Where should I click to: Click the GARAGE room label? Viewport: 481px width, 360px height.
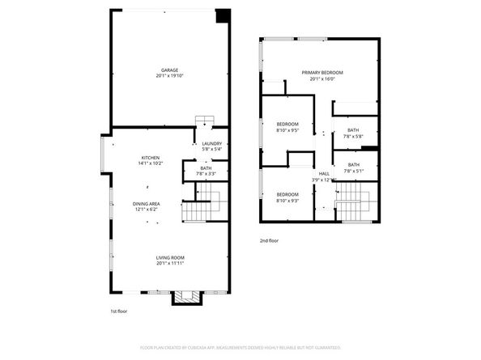(168, 70)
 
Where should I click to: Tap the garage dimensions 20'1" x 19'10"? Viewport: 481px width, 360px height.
(168, 76)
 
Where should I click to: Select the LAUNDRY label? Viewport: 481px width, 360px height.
(211, 143)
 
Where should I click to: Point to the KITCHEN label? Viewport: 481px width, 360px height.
(151, 158)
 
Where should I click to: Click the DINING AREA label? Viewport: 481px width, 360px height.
(147, 204)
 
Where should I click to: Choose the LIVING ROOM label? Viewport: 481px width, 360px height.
(170, 257)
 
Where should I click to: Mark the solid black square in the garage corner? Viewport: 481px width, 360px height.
(220, 17)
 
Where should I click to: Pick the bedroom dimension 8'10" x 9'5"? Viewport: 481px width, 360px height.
(287, 129)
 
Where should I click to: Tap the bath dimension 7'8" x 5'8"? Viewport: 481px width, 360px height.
(353, 136)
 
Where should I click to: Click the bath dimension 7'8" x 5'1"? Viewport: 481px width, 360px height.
(353, 171)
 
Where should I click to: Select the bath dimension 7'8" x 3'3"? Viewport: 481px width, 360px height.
(206, 174)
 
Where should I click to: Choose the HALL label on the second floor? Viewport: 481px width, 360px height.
(324, 174)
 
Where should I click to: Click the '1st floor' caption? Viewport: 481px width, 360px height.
(118, 311)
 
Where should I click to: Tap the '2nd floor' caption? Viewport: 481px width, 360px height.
(269, 241)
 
